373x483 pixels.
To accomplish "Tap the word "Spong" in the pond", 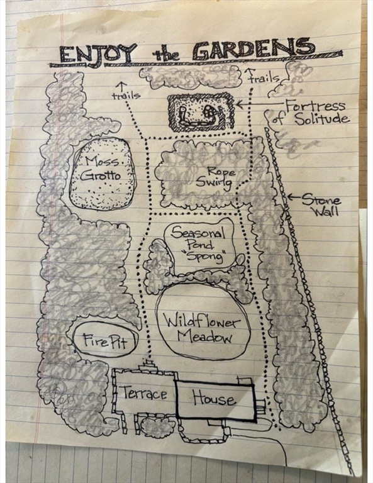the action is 206,257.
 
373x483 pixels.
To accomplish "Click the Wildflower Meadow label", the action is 202,330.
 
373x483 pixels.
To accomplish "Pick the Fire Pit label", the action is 105,341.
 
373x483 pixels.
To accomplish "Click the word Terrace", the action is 145,393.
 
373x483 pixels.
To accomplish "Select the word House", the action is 214,397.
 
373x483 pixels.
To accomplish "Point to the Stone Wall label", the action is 321,206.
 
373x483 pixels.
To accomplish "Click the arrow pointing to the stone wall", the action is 294,197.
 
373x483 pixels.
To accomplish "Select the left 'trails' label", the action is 126,96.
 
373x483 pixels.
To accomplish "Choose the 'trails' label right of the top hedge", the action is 264,78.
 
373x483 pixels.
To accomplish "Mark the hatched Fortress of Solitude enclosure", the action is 201,113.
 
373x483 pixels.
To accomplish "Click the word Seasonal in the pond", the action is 198,233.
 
